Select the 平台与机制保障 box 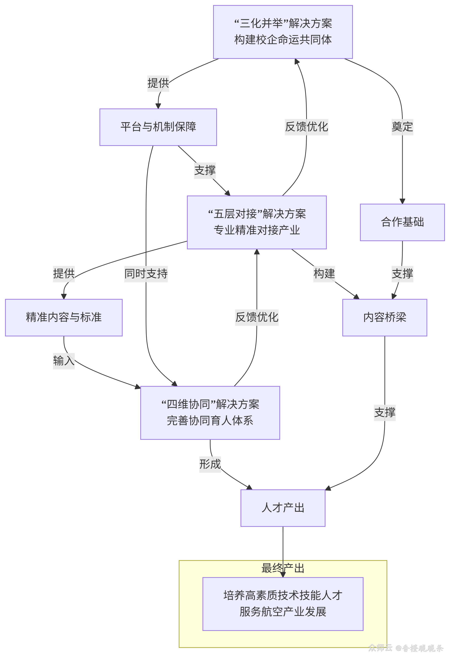tap(158, 127)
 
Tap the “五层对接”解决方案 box tap(257, 222)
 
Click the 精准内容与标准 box tap(64, 317)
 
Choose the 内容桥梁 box tap(385, 317)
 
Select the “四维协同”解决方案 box tap(210, 413)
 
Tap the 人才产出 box tap(283, 508)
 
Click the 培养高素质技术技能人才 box tap(283, 604)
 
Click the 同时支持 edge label tap(146, 274)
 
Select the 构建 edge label tap(324, 274)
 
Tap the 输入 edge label tap(64, 361)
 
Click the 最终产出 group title tap(283, 568)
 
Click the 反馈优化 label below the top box tap(306, 127)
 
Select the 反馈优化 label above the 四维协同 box tap(257, 317)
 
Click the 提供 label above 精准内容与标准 tap(64, 274)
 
